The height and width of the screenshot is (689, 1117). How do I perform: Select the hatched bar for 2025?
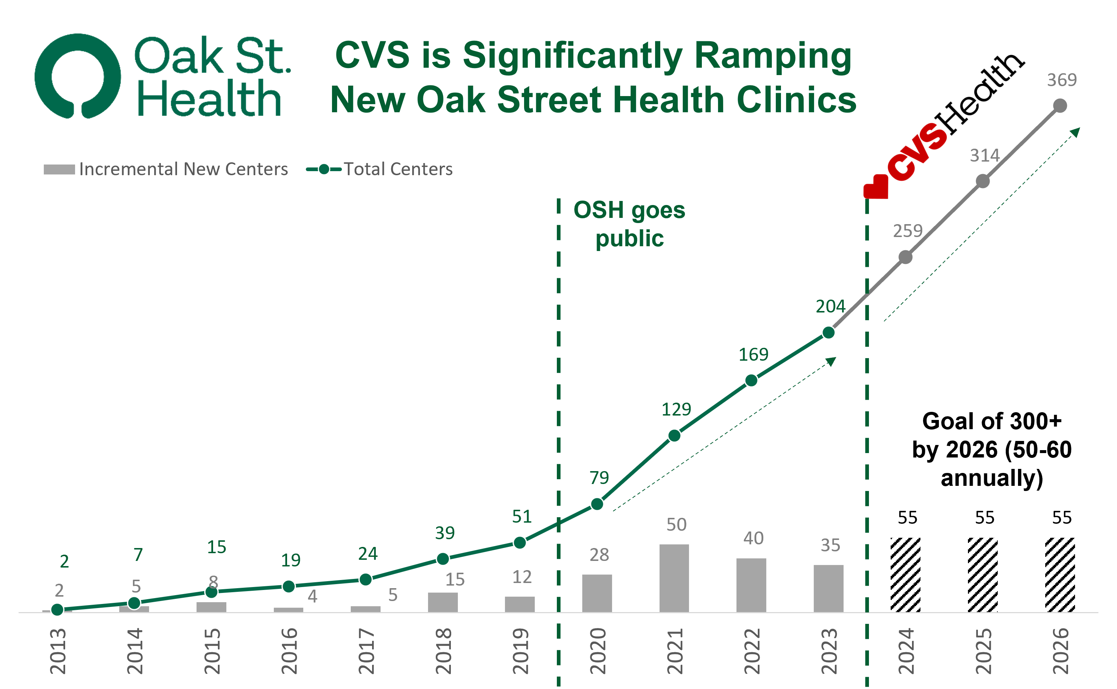pos(983,575)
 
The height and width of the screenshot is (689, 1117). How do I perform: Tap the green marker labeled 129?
pos(674,436)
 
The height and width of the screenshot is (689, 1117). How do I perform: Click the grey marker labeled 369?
pos(1060,106)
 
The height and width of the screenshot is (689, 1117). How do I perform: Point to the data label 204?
pos(830,306)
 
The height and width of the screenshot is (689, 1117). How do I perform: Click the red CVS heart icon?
pos(876,187)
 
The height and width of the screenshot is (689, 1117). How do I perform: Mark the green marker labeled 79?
pos(597,504)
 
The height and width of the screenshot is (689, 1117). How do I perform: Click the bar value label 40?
pos(753,538)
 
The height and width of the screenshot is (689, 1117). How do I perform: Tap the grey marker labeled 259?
pos(906,257)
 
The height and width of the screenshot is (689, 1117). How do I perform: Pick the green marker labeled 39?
pos(442,559)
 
